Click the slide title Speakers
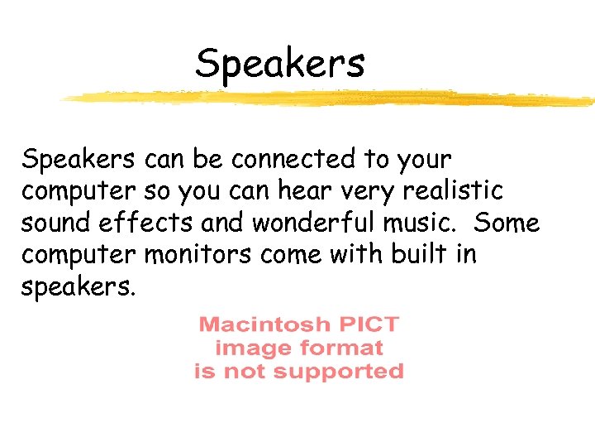click(279, 64)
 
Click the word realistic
click(454, 190)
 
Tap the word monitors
click(199, 255)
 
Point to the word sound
click(54, 223)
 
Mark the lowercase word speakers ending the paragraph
click(75, 289)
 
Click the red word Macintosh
click(264, 324)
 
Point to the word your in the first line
click(423, 160)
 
